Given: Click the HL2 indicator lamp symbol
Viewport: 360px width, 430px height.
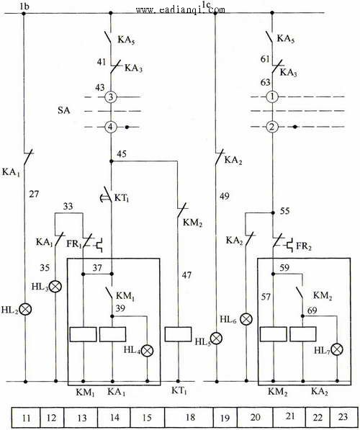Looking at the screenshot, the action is [25, 309].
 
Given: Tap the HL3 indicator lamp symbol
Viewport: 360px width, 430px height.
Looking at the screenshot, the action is [55, 286].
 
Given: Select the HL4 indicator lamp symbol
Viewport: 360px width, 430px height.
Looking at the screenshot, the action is [148, 351].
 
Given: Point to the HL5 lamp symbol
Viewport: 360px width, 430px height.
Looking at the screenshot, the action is [217, 339].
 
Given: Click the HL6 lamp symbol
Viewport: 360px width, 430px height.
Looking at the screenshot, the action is [246, 319].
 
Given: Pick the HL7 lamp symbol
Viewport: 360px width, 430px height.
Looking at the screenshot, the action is [337, 349].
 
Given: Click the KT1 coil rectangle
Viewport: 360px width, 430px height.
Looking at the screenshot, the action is [178, 334].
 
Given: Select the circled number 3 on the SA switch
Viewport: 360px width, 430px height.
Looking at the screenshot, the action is [111, 97].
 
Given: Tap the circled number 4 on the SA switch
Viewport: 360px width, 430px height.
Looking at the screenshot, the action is [111, 127].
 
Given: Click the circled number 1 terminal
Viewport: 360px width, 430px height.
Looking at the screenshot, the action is [272, 97].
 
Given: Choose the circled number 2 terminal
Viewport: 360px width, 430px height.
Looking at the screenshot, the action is [272, 127].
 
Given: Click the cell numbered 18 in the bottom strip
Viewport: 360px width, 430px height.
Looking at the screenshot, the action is [189, 417].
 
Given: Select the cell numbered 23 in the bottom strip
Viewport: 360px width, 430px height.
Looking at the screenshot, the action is [343, 417].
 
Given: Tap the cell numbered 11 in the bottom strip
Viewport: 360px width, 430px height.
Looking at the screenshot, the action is [27, 417].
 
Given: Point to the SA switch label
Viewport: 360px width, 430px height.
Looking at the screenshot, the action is [63, 110].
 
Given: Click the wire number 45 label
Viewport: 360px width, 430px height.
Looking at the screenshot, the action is [122, 154].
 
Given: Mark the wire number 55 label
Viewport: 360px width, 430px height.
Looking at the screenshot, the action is [284, 211].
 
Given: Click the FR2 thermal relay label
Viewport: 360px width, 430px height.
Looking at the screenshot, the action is [304, 246].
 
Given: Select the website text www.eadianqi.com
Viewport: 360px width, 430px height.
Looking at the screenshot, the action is [181, 10].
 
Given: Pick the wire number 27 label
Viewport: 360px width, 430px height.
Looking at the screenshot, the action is [34, 194].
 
